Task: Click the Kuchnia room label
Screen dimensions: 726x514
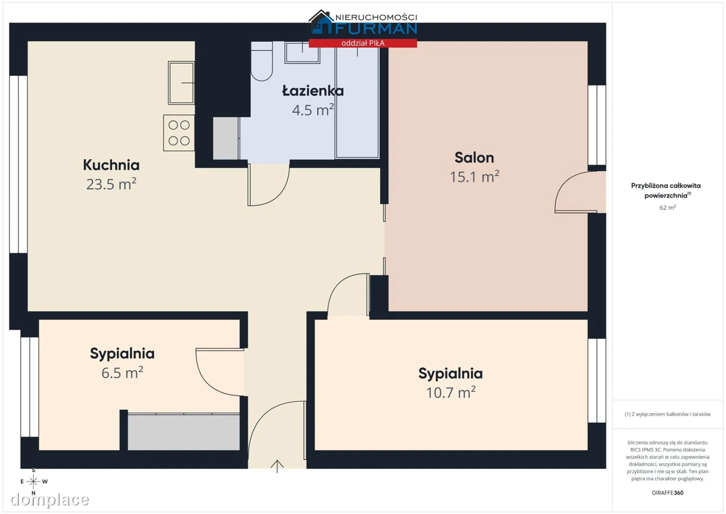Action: point(111,165)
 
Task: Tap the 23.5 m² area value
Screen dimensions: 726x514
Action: point(111,184)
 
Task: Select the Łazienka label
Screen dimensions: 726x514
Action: point(313,90)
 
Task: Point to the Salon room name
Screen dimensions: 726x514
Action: point(474,158)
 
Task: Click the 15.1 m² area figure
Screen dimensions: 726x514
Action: point(474,177)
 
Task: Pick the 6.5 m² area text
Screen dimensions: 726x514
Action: point(122,373)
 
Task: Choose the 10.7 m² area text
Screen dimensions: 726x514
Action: point(451,392)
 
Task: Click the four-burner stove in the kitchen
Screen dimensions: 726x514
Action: point(179,133)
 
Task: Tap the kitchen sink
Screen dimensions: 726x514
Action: point(181,83)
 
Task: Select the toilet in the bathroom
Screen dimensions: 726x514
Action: point(262,61)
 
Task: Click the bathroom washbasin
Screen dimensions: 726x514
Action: point(303,52)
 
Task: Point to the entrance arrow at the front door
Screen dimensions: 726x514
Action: point(277,466)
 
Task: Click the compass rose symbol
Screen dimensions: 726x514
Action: point(33,482)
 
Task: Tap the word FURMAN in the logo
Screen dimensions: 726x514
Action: point(376,29)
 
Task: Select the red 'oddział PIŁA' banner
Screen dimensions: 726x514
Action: point(363,43)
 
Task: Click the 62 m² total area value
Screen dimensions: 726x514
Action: point(667,208)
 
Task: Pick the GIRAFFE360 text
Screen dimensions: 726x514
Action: point(667,493)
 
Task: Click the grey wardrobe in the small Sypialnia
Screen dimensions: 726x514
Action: point(184,432)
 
